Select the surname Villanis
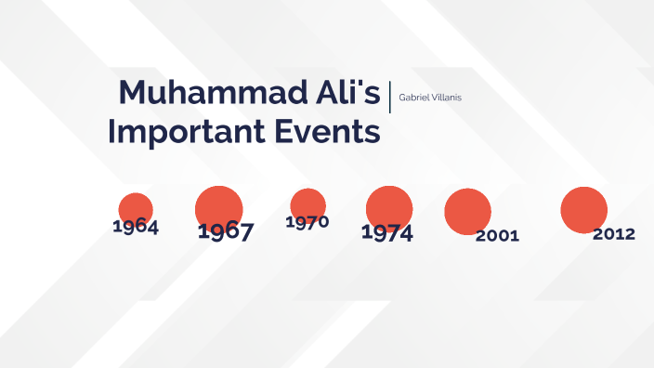point(446,97)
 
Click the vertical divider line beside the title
point(390,97)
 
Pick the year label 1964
point(135,227)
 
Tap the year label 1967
point(225,231)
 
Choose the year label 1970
point(307,222)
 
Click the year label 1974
point(386,233)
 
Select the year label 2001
point(497,236)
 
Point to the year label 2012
point(614,234)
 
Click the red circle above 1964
point(136,207)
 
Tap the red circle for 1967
point(219,206)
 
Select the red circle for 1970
point(307,204)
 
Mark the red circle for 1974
point(389,206)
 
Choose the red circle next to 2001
point(467,210)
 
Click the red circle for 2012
point(584,209)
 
